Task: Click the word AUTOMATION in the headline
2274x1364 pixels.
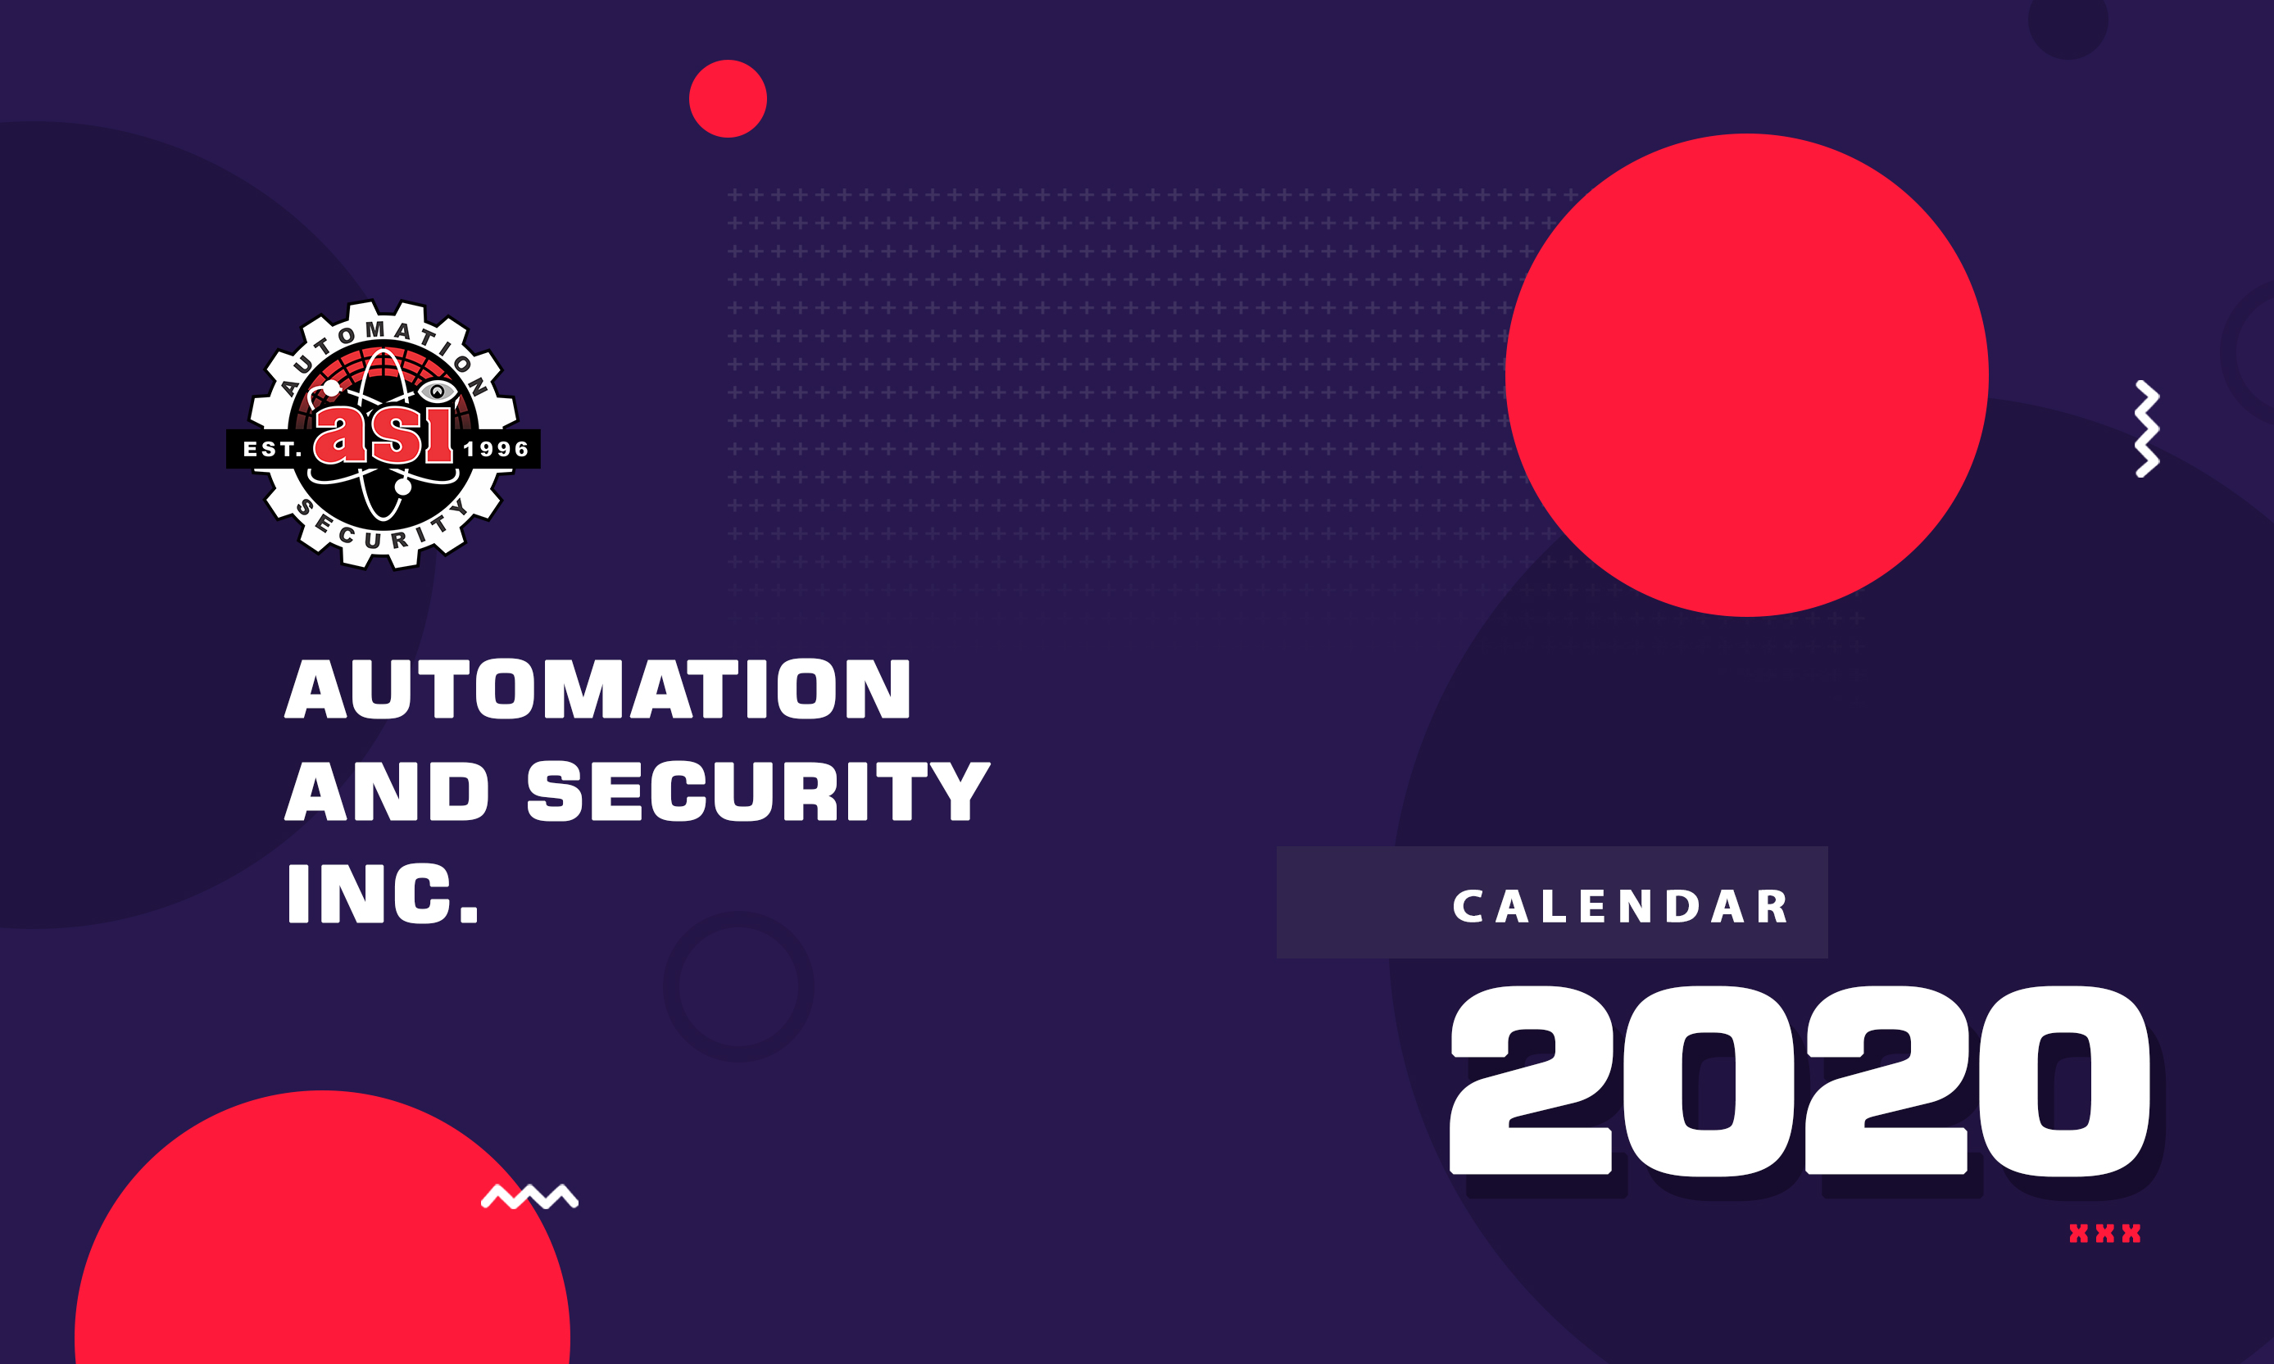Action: click(x=597, y=688)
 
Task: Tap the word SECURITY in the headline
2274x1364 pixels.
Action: click(x=758, y=791)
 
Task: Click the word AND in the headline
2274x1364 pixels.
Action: click(x=387, y=791)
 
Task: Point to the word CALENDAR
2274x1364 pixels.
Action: click(x=1622, y=906)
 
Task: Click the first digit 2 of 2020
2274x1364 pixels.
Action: click(x=1532, y=1080)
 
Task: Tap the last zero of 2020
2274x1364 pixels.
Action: click(x=2065, y=1080)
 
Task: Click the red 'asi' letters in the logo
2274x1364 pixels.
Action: click(x=384, y=434)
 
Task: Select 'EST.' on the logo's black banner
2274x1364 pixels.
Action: click(x=272, y=450)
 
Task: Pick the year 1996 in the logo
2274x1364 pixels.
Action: click(x=497, y=450)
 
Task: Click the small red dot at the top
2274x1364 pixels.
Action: click(x=728, y=98)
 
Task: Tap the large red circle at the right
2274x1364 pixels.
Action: click(x=1746, y=375)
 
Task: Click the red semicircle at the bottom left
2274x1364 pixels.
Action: click(x=322, y=1231)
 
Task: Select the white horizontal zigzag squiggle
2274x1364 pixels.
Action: click(x=529, y=1197)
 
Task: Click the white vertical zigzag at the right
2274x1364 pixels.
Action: click(x=2146, y=428)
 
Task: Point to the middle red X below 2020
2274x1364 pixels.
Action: click(x=2105, y=1234)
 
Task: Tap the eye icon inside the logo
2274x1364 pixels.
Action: click(x=438, y=392)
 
